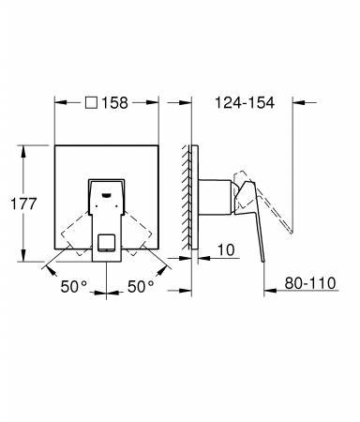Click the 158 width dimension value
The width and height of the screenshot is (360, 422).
click(114, 103)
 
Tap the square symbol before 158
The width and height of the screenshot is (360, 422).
click(91, 102)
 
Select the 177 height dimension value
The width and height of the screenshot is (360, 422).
click(23, 203)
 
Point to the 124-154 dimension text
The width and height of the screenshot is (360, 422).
click(245, 103)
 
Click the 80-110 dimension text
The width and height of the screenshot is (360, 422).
click(310, 283)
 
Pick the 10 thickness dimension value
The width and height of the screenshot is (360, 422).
click(226, 250)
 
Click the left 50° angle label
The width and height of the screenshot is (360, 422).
click(74, 286)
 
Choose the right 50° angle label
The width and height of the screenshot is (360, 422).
click(141, 286)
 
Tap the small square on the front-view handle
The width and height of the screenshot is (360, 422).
click(106, 243)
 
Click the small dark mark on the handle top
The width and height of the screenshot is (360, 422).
click(107, 195)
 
